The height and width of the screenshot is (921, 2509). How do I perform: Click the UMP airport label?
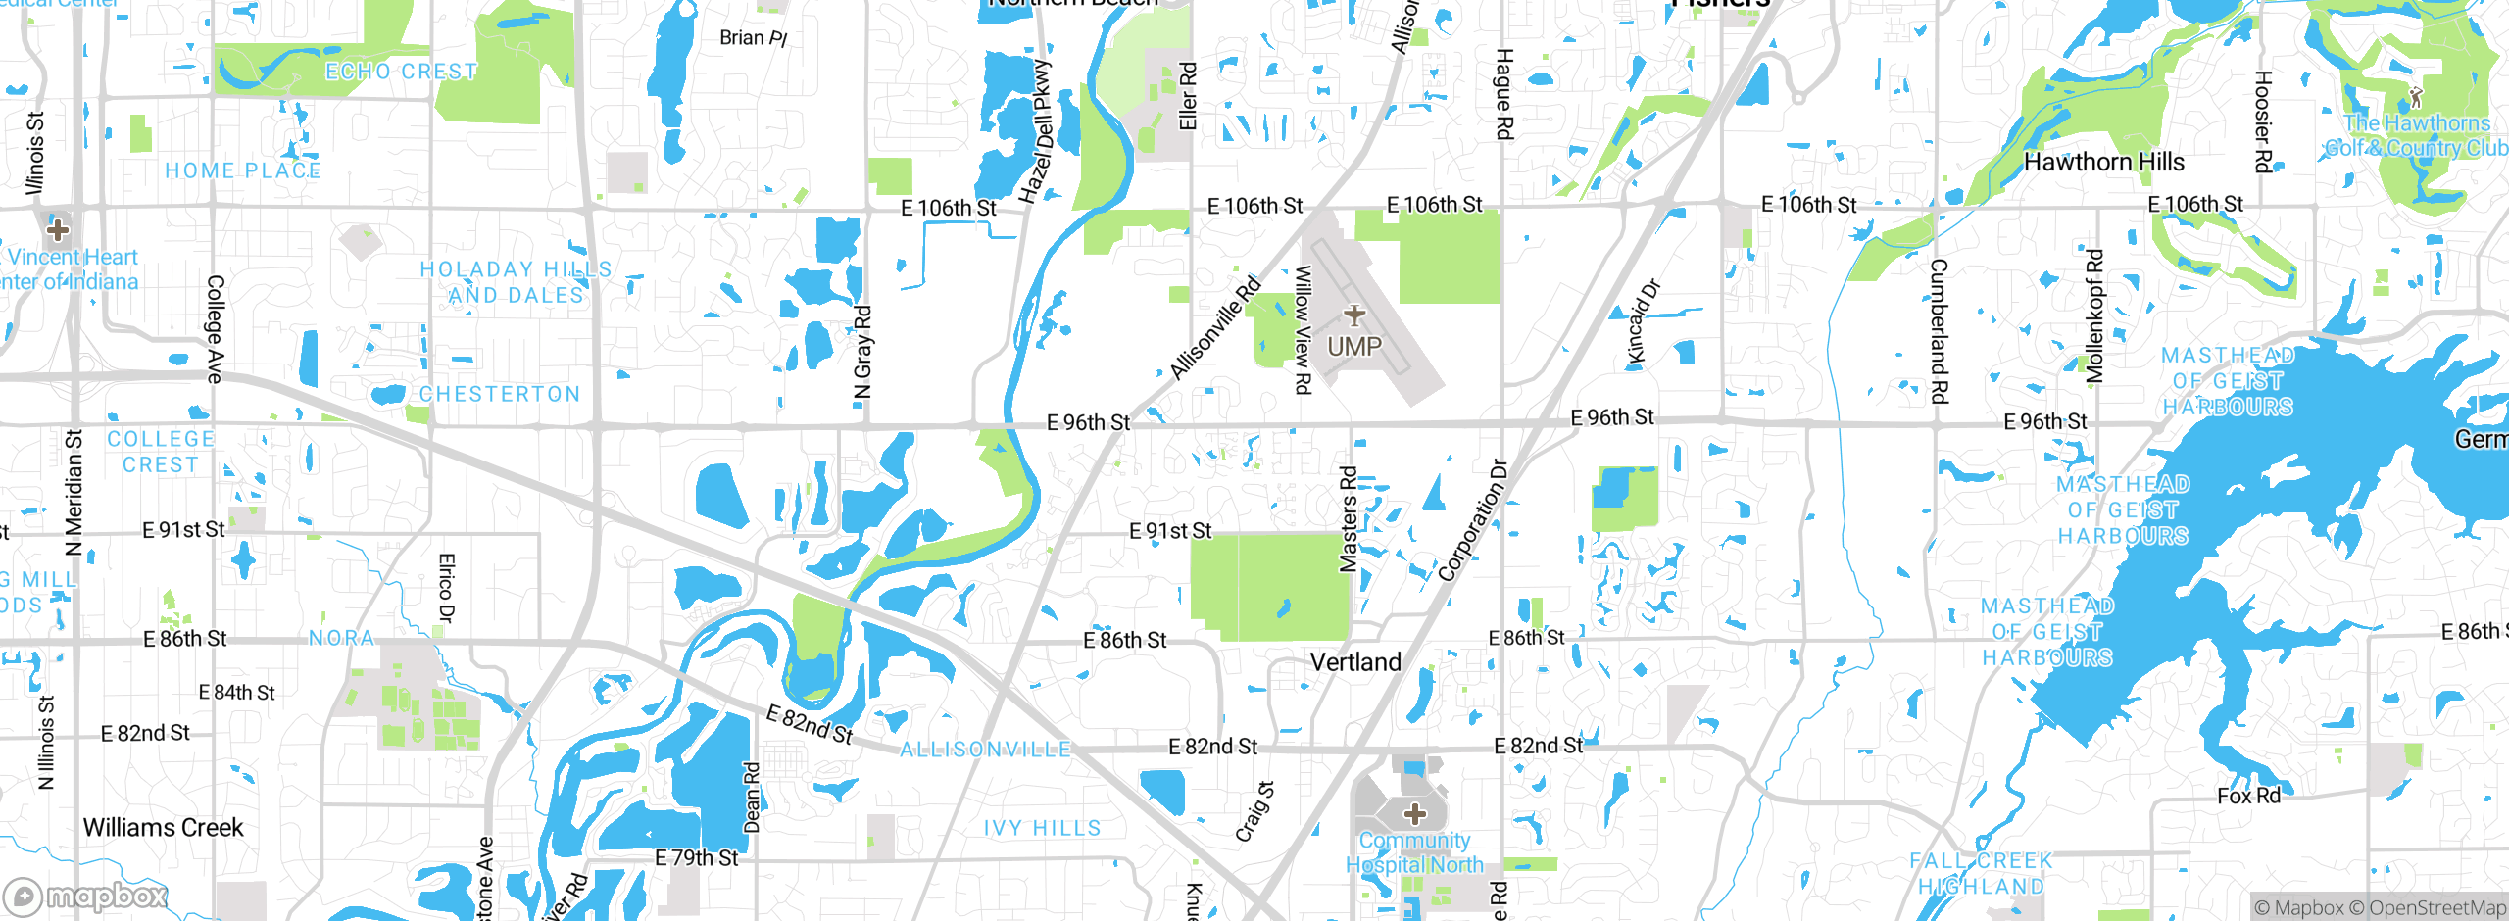(x=1354, y=346)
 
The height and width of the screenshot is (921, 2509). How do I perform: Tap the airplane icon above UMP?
(x=1354, y=315)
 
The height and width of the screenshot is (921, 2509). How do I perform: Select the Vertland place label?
(x=1355, y=662)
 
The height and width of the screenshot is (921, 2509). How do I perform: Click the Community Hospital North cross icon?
(x=1414, y=813)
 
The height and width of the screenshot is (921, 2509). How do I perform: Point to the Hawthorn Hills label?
(x=2104, y=162)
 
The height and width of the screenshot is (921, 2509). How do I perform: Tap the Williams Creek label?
(x=163, y=828)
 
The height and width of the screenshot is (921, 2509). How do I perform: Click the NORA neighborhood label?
(x=341, y=639)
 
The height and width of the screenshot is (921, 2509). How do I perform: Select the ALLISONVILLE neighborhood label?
(x=985, y=750)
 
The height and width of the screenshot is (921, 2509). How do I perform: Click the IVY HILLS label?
(x=1042, y=829)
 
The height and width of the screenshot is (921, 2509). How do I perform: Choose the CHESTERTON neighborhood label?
(x=500, y=394)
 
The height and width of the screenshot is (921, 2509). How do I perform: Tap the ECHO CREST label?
(x=401, y=72)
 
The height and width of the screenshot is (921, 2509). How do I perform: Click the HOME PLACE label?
(x=243, y=170)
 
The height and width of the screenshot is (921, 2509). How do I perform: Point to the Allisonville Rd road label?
(x=1215, y=329)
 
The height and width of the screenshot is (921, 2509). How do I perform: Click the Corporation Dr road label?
(x=1472, y=520)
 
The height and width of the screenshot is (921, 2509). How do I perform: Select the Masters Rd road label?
(x=1349, y=519)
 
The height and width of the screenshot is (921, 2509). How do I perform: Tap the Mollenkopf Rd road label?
(x=2094, y=315)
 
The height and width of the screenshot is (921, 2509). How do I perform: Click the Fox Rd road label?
(x=2248, y=796)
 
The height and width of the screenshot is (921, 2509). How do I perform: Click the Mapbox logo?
(x=86, y=896)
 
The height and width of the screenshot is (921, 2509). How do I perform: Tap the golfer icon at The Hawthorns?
(x=2415, y=97)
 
